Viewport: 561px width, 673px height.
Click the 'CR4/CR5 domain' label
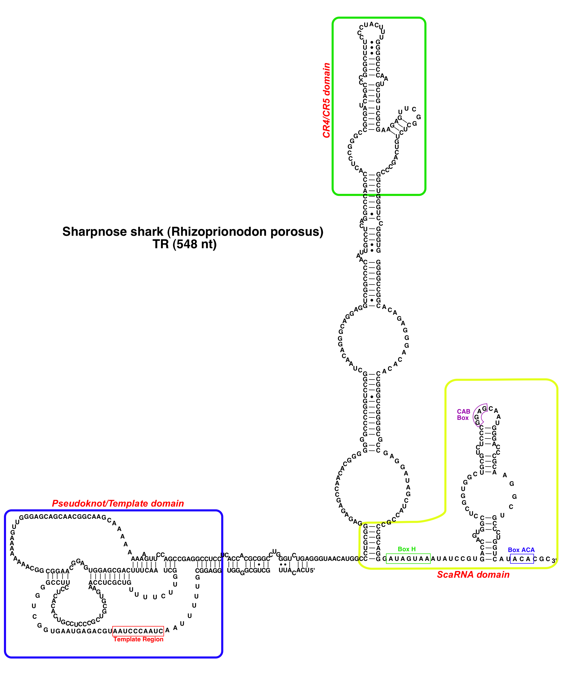click(326, 100)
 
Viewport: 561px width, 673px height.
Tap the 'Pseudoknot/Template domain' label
click(118, 503)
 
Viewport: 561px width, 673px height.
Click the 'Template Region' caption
click(138, 639)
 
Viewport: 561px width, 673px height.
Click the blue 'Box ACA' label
click(521, 550)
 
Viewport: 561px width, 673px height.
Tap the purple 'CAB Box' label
click(463, 414)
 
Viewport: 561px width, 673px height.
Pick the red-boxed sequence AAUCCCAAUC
click(138, 631)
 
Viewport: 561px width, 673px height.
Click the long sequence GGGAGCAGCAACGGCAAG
click(63, 517)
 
